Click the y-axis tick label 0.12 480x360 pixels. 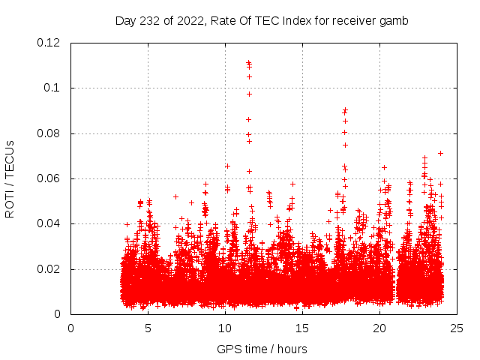click(50, 43)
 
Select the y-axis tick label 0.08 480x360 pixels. click(50, 133)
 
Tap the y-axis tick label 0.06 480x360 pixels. click(50, 178)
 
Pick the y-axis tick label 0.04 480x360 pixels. click(50, 223)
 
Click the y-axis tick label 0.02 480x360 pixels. click(50, 269)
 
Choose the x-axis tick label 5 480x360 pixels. click(148, 328)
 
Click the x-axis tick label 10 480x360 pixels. click(225, 328)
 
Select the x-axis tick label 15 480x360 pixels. click(302, 328)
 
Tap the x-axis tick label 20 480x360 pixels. click(379, 328)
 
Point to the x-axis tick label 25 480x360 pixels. click(457, 328)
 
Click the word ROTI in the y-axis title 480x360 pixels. click(10, 203)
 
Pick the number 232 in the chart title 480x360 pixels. click(149, 20)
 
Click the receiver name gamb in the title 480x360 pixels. click(394, 20)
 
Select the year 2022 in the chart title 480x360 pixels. click(187, 20)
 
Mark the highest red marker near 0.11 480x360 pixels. click(248, 62)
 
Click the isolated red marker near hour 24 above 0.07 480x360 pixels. click(440, 153)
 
